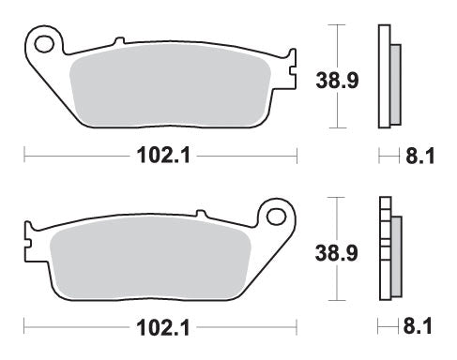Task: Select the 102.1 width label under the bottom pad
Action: [x=160, y=330]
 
